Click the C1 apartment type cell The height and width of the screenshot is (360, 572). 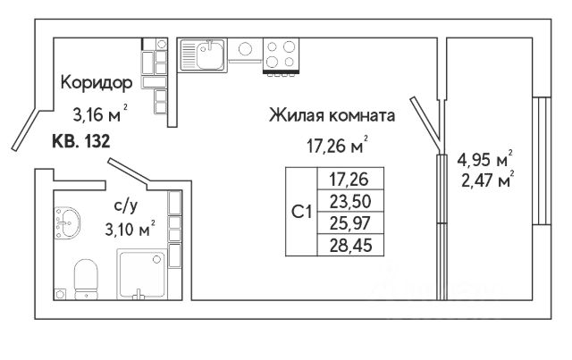point(302,212)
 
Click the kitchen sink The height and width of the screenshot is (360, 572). point(204,54)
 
